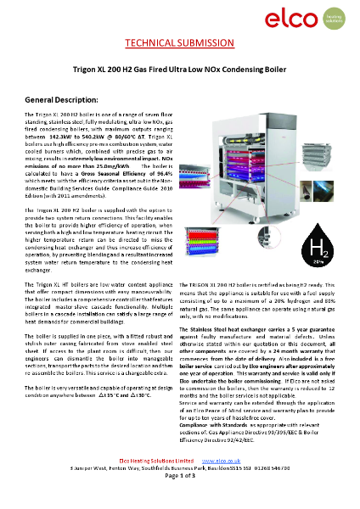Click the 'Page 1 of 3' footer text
[x=179, y=501]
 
